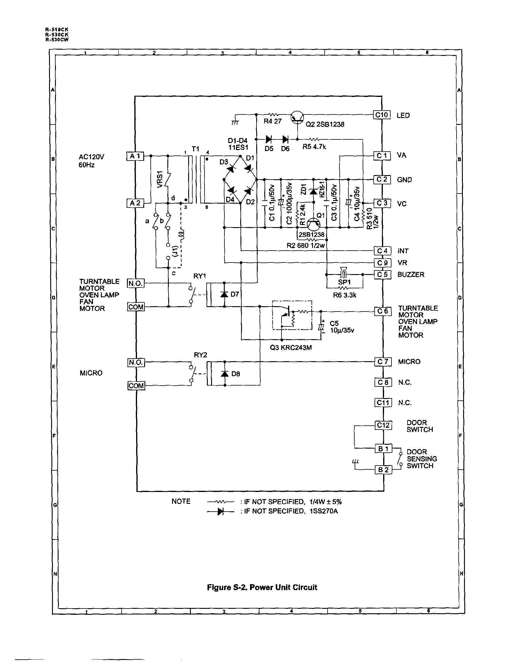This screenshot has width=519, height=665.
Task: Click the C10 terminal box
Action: tap(381, 115)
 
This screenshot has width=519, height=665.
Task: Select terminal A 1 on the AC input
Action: tap(135, 156)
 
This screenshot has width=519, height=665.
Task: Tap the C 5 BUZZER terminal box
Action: tap(382, 275)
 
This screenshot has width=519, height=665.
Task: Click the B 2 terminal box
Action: tap(383, 470)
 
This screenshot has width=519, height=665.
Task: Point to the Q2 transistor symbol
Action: tap(297, 117)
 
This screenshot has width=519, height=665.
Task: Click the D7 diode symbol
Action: tap(225, 294)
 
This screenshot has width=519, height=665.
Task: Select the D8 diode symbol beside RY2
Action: tap(225, 374)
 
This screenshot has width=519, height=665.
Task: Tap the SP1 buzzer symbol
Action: tap(343, 273)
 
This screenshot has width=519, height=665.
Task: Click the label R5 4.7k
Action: tap(314, 147)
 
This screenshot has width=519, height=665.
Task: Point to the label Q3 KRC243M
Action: tap(291, 348)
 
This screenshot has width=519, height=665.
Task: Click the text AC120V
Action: tap(91, 157)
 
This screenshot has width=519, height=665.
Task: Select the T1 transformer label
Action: tap(195, 149)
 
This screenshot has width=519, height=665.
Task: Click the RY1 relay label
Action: tap(200, 276)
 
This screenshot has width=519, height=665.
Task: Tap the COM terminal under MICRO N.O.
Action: tap(136, 386)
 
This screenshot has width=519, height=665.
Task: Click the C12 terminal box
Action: tap(383, 425)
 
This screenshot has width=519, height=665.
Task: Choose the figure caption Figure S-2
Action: tap(262, 587)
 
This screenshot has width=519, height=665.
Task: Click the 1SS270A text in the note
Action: tap(324, 511)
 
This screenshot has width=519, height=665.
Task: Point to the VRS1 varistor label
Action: tap(160, 180)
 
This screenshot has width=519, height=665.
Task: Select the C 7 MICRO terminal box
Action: tap(383, 362)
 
